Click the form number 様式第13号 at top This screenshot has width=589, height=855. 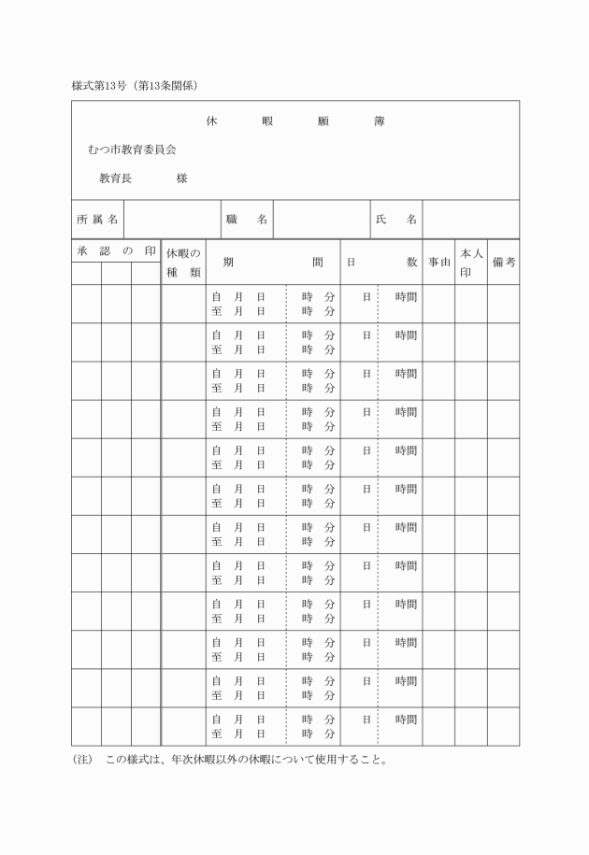point(100,86)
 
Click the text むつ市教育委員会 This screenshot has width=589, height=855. point(132,149)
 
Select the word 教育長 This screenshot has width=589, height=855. point(115,178)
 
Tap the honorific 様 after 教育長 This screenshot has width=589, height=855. point(181,178)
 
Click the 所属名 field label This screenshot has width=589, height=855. point(97,219)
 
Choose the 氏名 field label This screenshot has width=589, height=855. point(395,219)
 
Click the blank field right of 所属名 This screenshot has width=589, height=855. point(172,219)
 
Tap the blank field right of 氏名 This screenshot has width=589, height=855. point(470,219)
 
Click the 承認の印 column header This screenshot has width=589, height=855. point(116,251)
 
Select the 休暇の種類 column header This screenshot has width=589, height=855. point(183,263)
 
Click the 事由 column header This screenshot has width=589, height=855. point(438,263)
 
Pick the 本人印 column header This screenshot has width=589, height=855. point(470,263)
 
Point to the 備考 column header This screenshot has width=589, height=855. point(503,263)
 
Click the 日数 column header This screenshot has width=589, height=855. point(381,263)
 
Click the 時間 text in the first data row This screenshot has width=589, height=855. point(406,296)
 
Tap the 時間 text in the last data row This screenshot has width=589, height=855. point(406,720)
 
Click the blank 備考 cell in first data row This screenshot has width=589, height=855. point(503,304)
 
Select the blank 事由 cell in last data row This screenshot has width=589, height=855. point(438,727)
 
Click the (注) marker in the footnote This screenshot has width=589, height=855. point(82,760)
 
